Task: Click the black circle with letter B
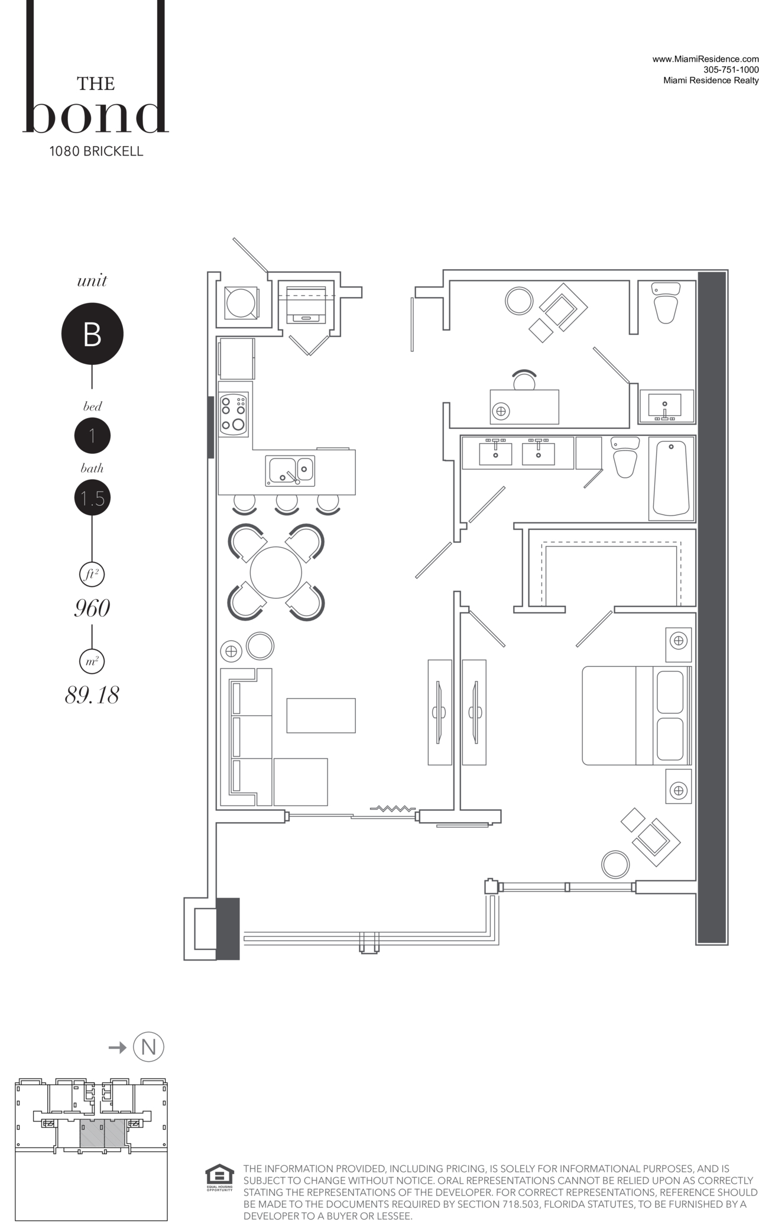[x=92, y=334]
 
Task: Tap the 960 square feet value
[x=92, y=608]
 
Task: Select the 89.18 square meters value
[x=92, y=695]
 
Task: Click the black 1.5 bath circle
[x=92, y=498]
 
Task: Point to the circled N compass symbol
[x=148, y=1046]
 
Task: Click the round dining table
[x=276, y=572]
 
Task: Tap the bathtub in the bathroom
[x=671, y=479]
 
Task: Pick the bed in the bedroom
[x=637, y=716]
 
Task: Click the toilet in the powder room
[x=666, y=303]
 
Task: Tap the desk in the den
[x=524, y=406]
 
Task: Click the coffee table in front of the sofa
[x=321, y=715]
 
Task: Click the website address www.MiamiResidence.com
[x=705, y=59]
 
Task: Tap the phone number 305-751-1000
[x=731, y=70]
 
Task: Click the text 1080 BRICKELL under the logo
[x=96, y=151]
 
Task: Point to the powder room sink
[x=666, y=406]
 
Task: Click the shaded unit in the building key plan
[x=102, y=1133]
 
